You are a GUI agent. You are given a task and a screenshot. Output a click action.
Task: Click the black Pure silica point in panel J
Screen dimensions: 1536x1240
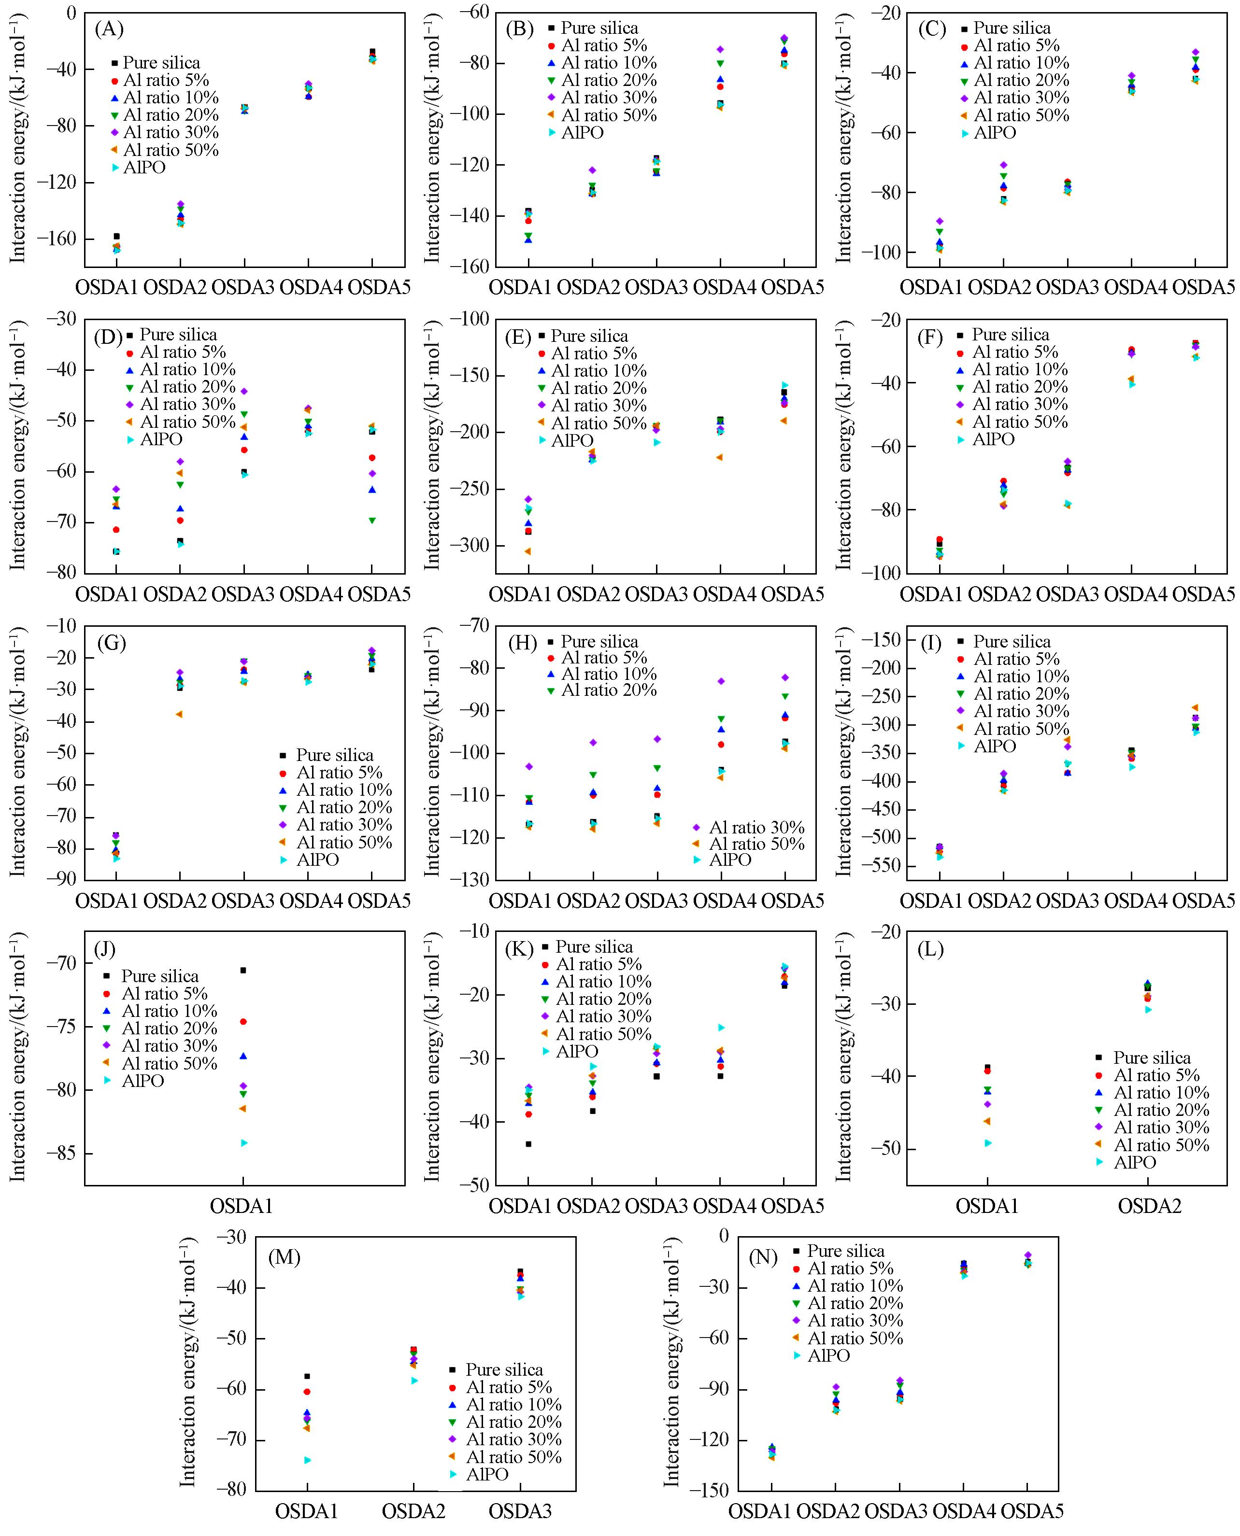(243, 970)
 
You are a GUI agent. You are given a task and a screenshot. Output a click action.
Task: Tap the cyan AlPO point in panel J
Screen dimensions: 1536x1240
(243, 1142)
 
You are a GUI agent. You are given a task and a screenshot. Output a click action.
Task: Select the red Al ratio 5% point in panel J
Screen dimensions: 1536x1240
(243, 1022)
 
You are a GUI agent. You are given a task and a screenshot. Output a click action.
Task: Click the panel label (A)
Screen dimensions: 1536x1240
(109, 29)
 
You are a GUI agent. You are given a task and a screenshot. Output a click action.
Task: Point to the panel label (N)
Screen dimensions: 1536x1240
(762, 1257)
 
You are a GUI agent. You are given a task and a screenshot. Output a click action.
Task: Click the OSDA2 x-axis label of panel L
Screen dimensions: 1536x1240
(1149, 1206)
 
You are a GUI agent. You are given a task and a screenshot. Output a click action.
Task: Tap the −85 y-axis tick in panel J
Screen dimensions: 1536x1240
(61, 1153)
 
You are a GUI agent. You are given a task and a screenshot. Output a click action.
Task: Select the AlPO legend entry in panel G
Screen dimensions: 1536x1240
(317, 860)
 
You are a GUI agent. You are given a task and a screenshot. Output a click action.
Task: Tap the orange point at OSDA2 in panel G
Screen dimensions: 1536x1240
(179, 714)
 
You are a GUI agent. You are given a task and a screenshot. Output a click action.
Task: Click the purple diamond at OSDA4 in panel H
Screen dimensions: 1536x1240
(721, 681)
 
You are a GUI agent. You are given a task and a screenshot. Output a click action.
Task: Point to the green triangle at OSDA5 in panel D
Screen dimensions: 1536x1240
(372, 521)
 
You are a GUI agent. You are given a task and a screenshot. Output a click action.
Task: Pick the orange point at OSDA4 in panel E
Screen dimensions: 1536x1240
(720, 457)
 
